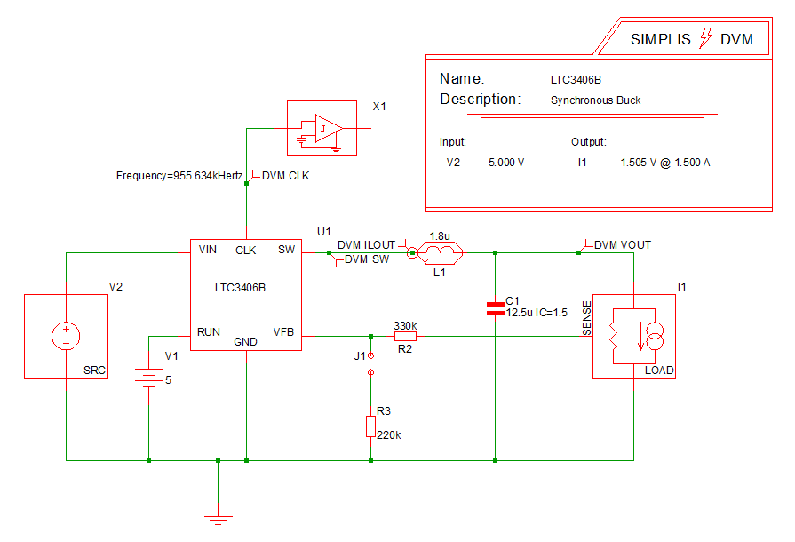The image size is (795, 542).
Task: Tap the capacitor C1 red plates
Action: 495,308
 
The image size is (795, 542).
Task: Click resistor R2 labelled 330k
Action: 404,337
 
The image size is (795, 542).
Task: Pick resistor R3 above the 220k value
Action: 370,426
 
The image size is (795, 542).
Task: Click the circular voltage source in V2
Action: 66,336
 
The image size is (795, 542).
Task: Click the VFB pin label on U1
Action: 283,332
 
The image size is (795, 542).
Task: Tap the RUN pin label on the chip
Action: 209,332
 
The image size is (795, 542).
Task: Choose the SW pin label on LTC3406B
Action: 286,250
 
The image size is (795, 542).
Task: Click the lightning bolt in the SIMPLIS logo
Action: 707,38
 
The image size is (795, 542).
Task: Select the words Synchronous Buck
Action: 595,100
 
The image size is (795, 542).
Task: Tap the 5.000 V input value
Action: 506,163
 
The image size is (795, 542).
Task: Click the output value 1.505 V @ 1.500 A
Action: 665,163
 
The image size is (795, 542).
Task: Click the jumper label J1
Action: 360,355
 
